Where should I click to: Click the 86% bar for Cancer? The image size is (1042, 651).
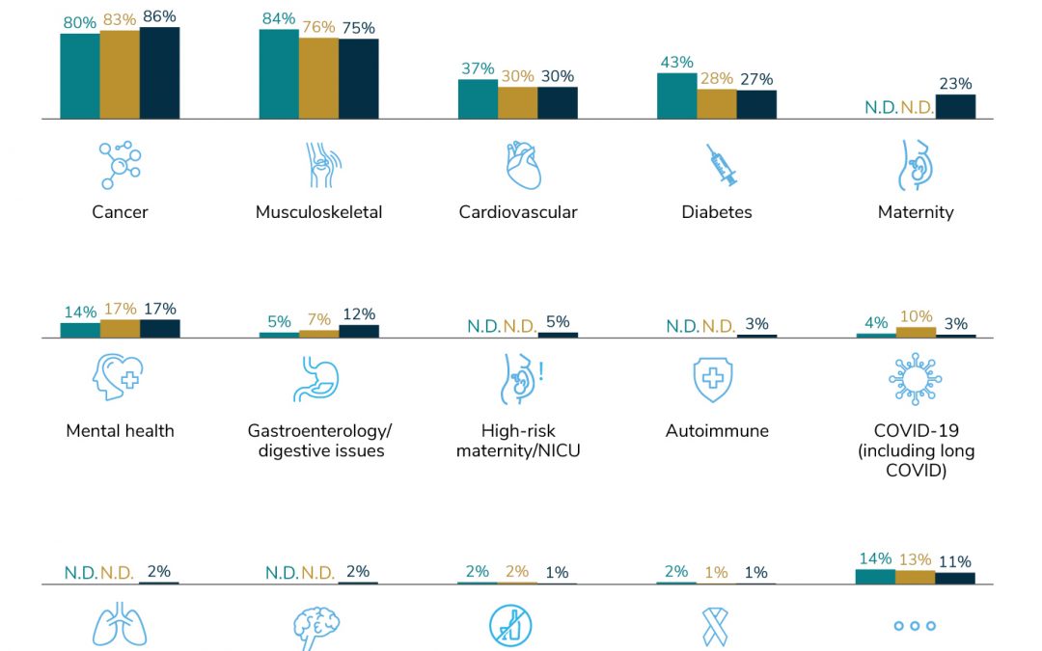coord(159,73)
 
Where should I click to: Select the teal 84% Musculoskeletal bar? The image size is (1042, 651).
coord(279,74)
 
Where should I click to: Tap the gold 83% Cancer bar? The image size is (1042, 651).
coord(120,74)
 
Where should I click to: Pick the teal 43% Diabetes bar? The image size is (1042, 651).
coord(676,95)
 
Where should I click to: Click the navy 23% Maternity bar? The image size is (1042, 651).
coord(955,106)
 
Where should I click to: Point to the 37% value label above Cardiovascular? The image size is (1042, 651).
coord(477,69)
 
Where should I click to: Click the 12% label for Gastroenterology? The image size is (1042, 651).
coord(358,314)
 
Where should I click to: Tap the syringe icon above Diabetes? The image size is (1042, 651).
coord(721,166)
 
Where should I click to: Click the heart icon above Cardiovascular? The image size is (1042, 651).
coord(523,166)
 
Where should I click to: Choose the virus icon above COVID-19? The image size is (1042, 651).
coord(915,378)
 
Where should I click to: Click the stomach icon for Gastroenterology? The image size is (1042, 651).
coord(315,379)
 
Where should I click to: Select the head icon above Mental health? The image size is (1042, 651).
coord(118,378)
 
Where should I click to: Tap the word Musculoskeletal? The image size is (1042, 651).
coord(318,212)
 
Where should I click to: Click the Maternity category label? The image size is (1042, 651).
coord(915,212)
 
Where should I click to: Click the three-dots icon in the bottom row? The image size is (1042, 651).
coord(915,626)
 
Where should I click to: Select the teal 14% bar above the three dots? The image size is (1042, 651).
coord(875,577)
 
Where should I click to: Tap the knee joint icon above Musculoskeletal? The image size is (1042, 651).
coord(318,165)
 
